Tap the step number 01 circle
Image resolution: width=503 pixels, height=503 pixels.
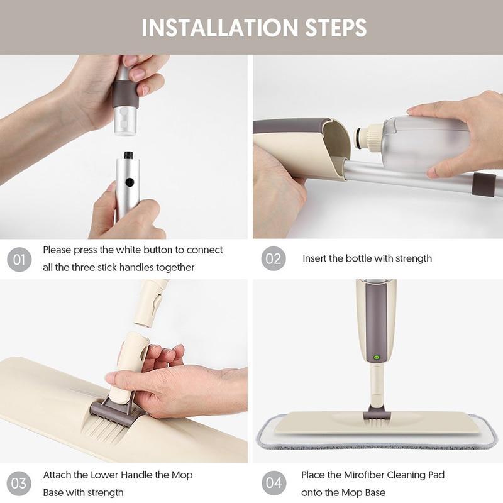19,259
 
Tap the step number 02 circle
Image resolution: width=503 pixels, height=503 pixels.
274,258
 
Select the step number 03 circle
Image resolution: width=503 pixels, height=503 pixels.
19,483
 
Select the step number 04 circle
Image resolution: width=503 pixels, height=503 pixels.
274,483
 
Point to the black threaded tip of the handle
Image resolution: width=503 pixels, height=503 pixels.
128,155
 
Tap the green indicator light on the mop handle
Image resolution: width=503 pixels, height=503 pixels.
377,357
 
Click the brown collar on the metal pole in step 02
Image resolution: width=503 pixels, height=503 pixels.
484,184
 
